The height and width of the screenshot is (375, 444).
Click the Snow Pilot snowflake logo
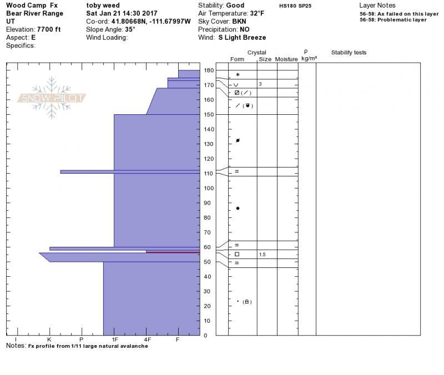click(52, 98)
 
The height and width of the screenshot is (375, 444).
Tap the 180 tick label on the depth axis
click(209, 70)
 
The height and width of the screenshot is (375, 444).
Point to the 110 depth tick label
click(209, 174)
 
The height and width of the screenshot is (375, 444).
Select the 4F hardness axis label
click(147, 339)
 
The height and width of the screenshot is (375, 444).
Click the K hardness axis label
click(49, 339)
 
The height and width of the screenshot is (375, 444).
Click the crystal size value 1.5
click(262, 255)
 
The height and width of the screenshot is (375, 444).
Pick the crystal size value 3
click(260, 84)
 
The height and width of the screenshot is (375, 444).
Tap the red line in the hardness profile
click(173, 252)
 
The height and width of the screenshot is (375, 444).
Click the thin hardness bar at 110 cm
click(130, 172)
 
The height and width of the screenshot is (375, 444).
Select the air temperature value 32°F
click(257, 13)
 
